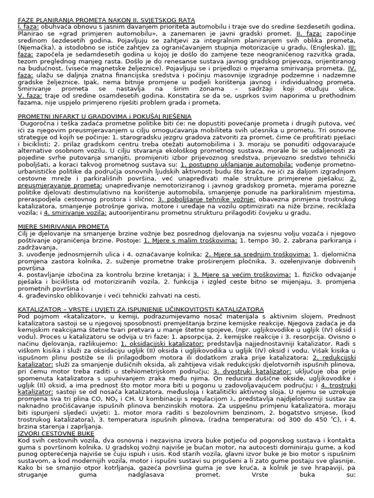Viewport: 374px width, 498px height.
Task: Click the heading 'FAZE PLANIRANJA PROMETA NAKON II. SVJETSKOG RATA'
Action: point(106,20)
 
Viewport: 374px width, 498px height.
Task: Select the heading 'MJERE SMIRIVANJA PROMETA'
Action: point(63,227)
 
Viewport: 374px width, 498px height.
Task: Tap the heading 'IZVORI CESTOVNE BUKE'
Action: point(56,433)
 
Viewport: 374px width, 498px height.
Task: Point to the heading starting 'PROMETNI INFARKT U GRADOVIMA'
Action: point(105,116)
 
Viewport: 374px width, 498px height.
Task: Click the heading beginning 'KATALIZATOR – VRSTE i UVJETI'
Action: point(141,309)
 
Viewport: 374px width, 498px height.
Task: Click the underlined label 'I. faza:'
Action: point(28,27)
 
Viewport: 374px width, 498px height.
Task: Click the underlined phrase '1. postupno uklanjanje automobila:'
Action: point(236,164)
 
